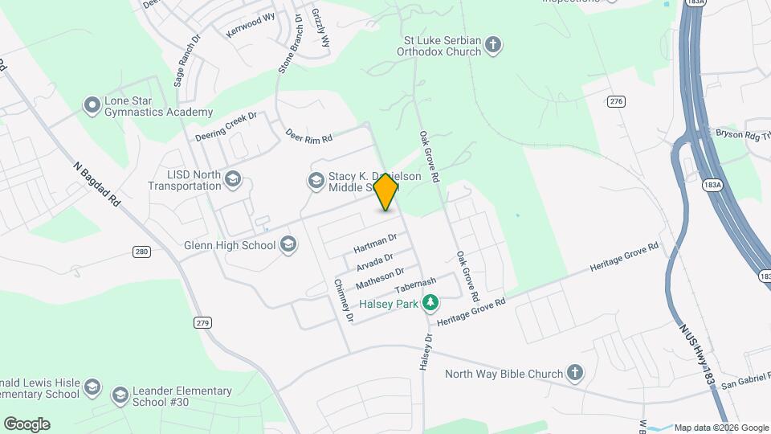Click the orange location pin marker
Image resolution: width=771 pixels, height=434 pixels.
click(386, 191)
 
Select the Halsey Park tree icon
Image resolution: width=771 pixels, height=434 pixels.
click(431, 302)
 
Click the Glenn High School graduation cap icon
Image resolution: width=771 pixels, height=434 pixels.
click(288, 245)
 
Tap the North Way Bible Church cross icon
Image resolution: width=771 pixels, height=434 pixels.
click(574, 372)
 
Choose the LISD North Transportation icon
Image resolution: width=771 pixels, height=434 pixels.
click(233, 178)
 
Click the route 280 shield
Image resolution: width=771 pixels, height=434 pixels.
click(141, 252)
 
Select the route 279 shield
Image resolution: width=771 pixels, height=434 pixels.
click(202, 322)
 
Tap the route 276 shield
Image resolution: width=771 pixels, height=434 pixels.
click(616, 100)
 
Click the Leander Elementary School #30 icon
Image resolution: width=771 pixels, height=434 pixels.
click(120, 395)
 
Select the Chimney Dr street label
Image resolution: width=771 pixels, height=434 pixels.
click(343, 301)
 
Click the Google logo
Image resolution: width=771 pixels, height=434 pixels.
click(27, 424)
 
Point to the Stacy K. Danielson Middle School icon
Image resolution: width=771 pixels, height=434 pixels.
click(316, 182)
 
